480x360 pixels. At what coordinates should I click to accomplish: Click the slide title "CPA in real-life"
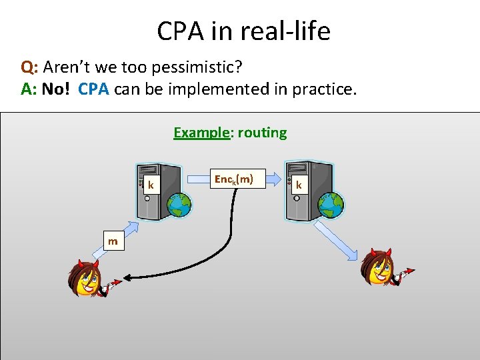pyautogui.click(x=243, y=31)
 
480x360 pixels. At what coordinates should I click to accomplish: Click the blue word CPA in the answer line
pyautogui.click(x=94, y=89)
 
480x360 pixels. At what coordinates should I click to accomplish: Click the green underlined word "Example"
pyautogui.click(x=201, y=132)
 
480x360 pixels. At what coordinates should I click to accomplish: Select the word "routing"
pyautogui.click(x=262, y=132)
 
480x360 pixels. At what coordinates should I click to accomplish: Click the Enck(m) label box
pyautogui.click(x=233, y=179)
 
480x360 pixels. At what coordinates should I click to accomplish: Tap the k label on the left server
pyautogui.click(x=152, y=185)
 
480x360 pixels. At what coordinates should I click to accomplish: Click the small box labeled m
pyautogui.click(x=113, y=241)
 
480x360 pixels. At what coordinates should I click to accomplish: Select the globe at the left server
pyautogui.click(x=179, y=205)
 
